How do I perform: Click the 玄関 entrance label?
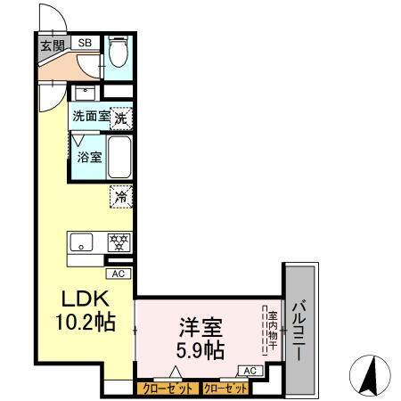coord(51,45)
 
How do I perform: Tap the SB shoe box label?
coord(85,42)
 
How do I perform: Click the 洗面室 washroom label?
coord(90,115)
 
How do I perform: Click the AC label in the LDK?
coord(119,274)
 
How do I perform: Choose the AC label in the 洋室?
coord(250,371)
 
